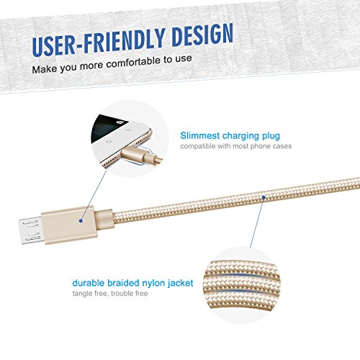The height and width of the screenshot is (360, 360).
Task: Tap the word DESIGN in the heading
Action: coord(199,36)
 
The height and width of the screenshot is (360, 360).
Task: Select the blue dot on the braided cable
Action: coord(265,195)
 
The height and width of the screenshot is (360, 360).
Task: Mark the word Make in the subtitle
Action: coord(42,71)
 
